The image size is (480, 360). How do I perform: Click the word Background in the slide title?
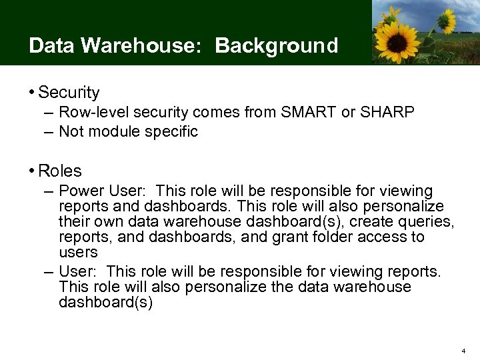(x=277, y=46)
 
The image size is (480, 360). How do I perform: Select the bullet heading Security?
(x=69, y=93)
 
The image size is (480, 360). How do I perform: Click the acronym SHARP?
(x=387, y=113)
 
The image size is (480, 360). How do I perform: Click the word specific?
(x=171, y=132)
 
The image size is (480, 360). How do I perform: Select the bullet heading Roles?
(x=60, y=171)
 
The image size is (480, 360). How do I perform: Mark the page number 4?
(x=464, y=350)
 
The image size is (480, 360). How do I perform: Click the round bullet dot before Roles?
(x=32, y=171)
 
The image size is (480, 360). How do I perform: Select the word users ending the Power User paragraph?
(x=78, y=253)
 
